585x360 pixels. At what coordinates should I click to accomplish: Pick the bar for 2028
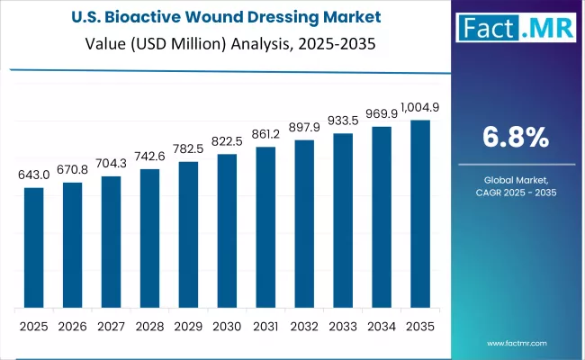coord(149,238)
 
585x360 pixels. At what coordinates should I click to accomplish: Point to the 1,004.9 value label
coord(420,108)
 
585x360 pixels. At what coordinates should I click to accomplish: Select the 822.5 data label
coord(227,141)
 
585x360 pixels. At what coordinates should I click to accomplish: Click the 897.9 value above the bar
coord(304,127)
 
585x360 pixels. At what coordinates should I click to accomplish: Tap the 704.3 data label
coord(111,164)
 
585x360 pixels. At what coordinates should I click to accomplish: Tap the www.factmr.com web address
coord(516,343)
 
